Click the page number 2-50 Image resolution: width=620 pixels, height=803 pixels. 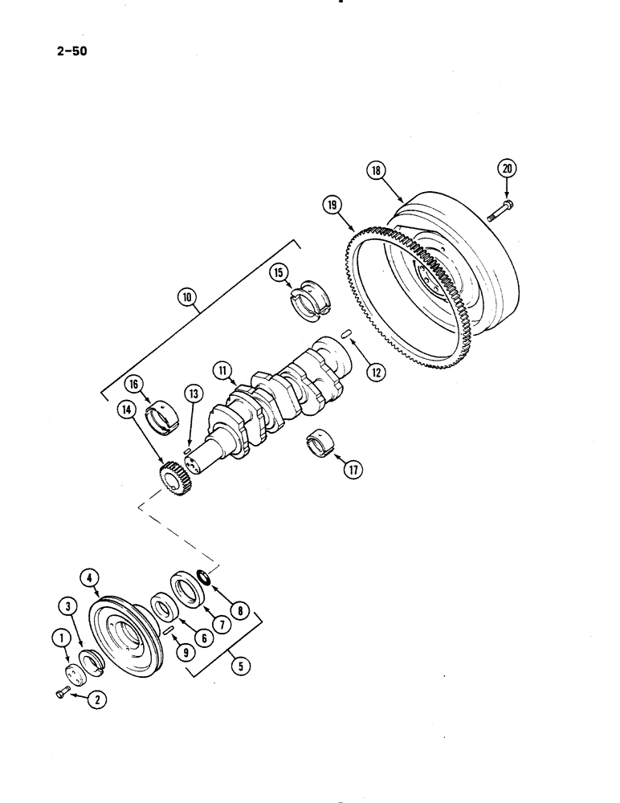tap(72, 53)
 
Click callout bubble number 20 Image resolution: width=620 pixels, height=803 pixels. tap(507, 168)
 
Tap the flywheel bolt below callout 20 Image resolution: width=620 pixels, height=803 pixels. tap(500, 212)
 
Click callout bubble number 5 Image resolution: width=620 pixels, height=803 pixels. tap(238, 665)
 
